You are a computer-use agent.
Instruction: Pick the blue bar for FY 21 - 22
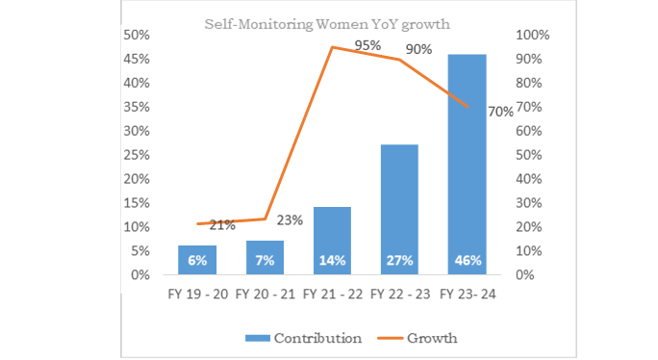point(332,241)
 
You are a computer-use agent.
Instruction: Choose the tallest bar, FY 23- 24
point(467,164)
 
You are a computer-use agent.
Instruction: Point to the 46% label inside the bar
point(467,260)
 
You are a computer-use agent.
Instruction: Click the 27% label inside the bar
point(399,260)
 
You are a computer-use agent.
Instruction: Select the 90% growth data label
point(418,49)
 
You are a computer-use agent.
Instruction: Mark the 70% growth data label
point(500,112)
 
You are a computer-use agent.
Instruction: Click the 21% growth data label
point(222,225)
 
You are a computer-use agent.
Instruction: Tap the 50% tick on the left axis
point(135,35)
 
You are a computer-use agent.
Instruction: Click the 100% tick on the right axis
point(533,35)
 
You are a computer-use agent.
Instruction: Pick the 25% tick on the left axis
point(135,155)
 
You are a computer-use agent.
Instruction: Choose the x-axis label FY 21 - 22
point(332,295)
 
